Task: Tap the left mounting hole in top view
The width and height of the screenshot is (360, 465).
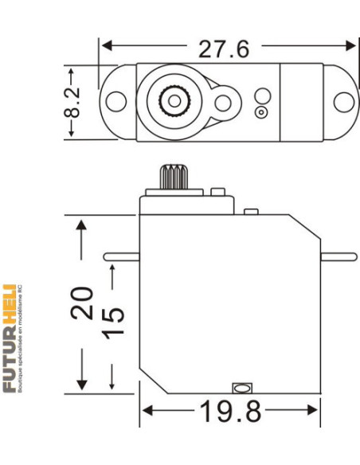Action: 115,102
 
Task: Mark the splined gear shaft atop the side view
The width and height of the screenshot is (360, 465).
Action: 172,176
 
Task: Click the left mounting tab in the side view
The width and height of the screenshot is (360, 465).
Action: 122,256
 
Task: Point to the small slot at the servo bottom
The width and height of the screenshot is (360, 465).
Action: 241,388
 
